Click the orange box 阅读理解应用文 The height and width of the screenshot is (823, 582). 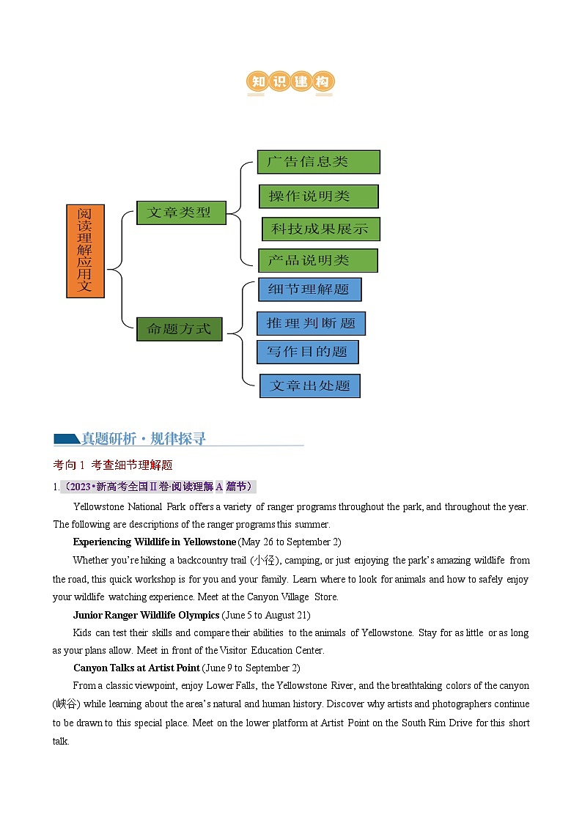pos(86,251)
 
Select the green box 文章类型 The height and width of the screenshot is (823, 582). pos(181,212)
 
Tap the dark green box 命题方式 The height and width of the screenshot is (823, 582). pos(179,329)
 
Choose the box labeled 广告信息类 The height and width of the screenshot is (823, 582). pos(318,162)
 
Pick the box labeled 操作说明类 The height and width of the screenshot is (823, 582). pos(318,196)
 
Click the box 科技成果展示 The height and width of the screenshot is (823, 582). pos(320,229)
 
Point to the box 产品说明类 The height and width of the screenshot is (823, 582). pos(317,260)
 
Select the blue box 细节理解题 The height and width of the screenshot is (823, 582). pos(309,289)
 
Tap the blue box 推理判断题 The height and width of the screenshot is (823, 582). pos(311,323)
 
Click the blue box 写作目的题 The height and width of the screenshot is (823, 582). pos(307,352)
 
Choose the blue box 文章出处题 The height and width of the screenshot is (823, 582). pos(310,385)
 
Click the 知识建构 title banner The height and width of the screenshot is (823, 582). pos(290,82)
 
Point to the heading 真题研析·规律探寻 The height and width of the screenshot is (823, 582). pos(143,439)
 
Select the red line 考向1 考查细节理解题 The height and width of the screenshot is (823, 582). pos(113,465)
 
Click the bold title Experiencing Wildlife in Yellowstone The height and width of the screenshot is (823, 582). pos(155,542)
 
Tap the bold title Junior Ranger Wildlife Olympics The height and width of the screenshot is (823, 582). pos(146,615)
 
